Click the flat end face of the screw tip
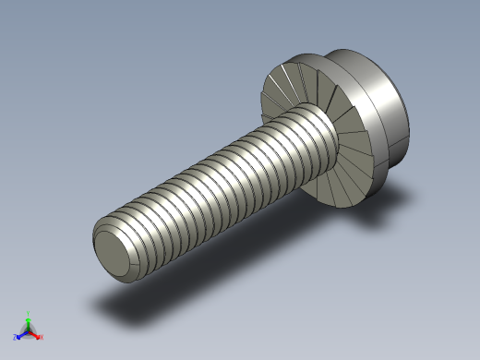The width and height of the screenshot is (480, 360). point(112,248)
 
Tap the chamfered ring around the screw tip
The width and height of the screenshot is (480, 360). point(100,237)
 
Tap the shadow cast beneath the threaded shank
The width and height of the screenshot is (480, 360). point(166,295)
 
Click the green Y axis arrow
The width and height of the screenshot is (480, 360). point(29,321)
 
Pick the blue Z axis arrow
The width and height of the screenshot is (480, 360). point(21,334)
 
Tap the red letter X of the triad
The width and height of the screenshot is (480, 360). point(41,337)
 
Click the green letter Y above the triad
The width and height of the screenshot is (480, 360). point(29,313)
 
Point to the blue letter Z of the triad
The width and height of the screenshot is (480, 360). point(16,337)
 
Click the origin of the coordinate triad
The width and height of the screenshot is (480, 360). point(29,330)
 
